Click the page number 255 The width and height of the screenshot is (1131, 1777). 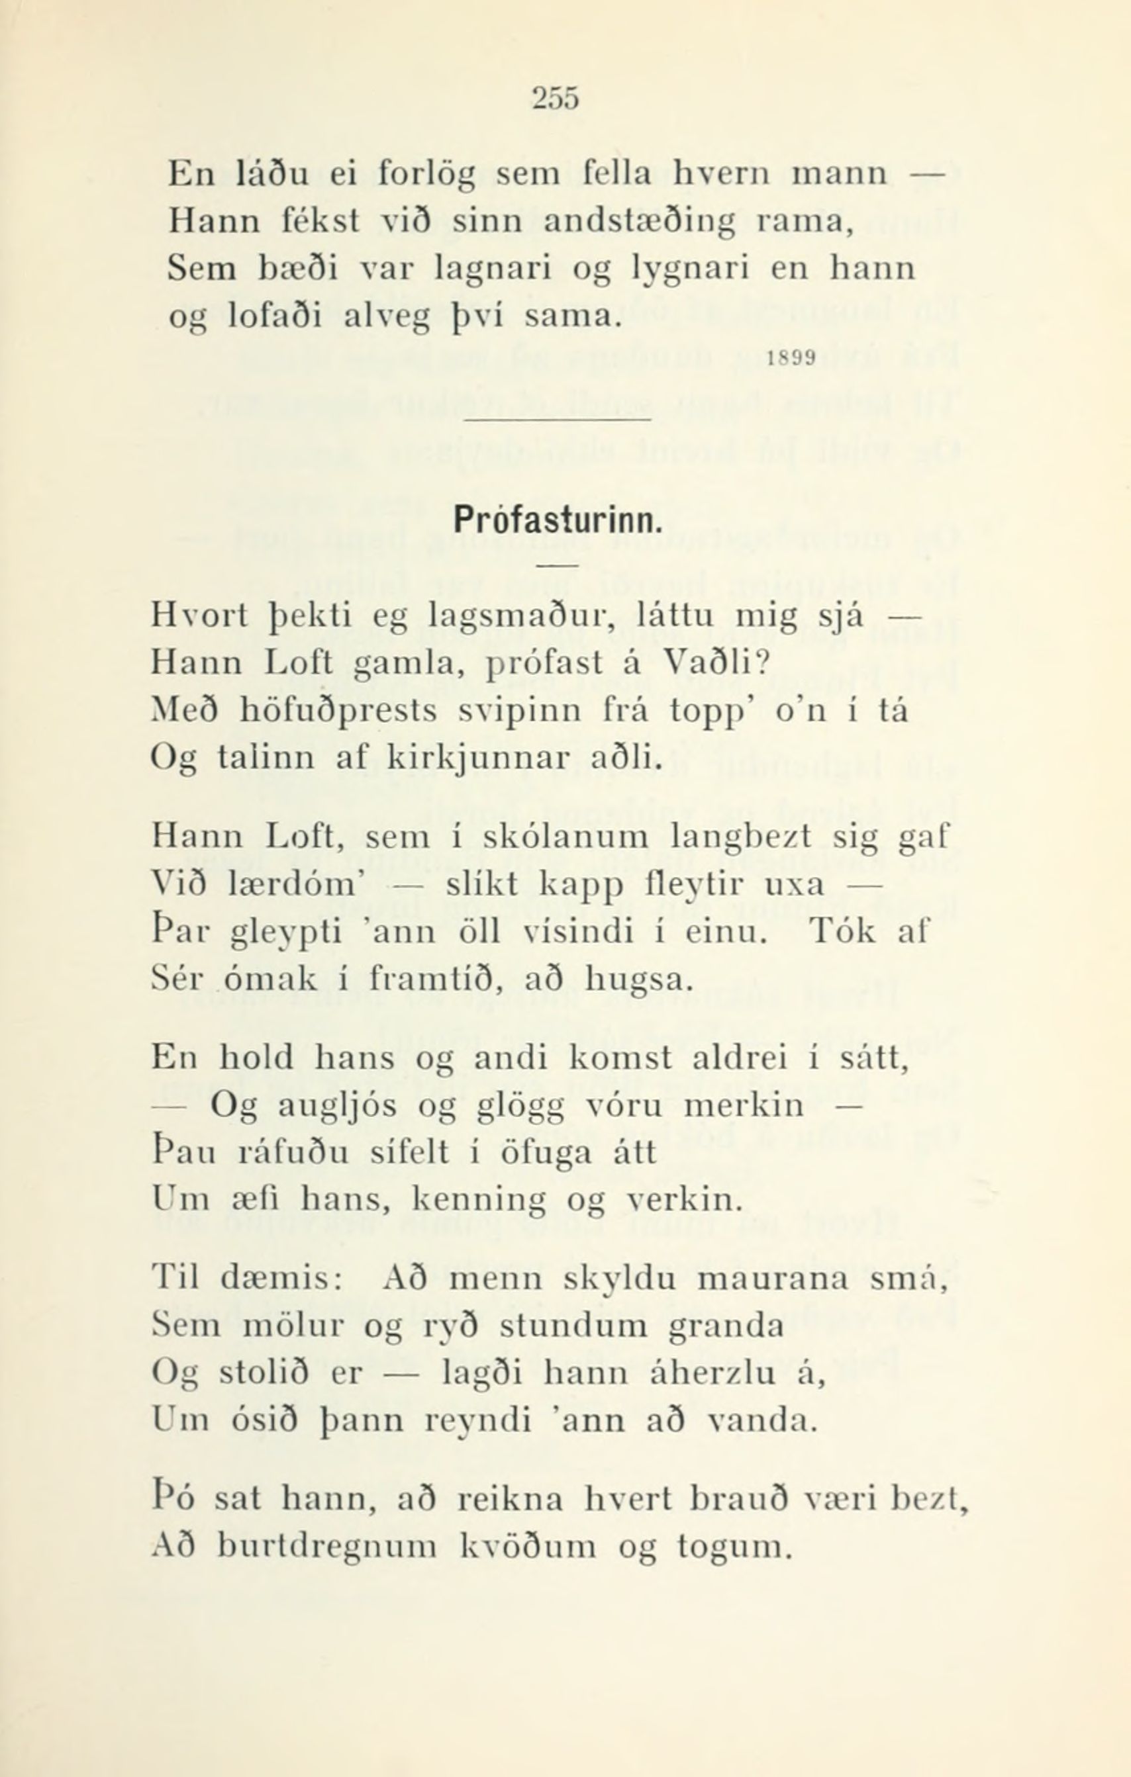point(557,97)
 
